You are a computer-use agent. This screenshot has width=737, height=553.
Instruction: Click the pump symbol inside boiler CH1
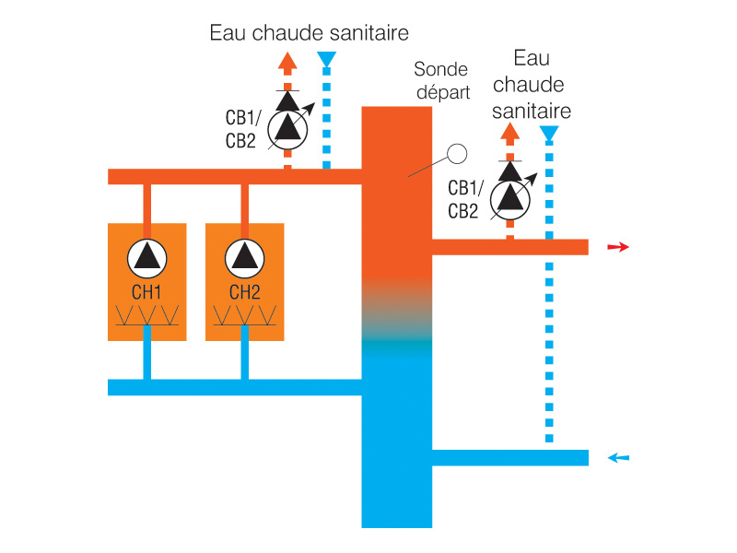pyautogui.click(x=146, y=256)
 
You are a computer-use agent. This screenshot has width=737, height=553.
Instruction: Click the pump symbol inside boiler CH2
pyautogui.click(x=244, y=256)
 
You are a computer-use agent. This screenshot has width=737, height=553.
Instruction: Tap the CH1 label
pyautogui.click(x=146, y=293)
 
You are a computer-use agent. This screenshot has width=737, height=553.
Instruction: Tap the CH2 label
pyautogui.click(x=244, y=293)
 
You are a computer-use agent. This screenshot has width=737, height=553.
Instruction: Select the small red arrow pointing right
pyautogui.click(x=618, y=247)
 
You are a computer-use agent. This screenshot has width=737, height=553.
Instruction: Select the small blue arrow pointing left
pyautogui.click(x=618, y=457)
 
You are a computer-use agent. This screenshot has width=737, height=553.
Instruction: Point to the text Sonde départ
pyautogui.click(x=441, y=81)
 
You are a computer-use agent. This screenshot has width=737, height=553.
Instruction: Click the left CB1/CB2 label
pyautogui.click(x=241, y=129)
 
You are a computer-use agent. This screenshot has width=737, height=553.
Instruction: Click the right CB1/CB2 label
pyautogui.click(x=463, y=199)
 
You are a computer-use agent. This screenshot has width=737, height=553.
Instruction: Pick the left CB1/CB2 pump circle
pyautogui.click(x=287, y=130)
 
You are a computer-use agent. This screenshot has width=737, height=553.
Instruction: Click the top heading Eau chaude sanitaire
pyautogui.click(x=309, y=34)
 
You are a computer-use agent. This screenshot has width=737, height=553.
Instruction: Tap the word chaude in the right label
pyautogui.click(x=530, y=86)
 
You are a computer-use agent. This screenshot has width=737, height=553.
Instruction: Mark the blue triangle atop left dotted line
pyautogui.click(x=326, y=62)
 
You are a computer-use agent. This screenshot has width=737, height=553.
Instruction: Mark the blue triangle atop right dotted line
pyautogui.click(x=549, y=135)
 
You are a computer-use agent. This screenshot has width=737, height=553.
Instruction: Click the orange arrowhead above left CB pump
pyautogui.click(x=287, y=63)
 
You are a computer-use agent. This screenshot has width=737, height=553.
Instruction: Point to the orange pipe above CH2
pyautogui.click(x=244, y=204)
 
